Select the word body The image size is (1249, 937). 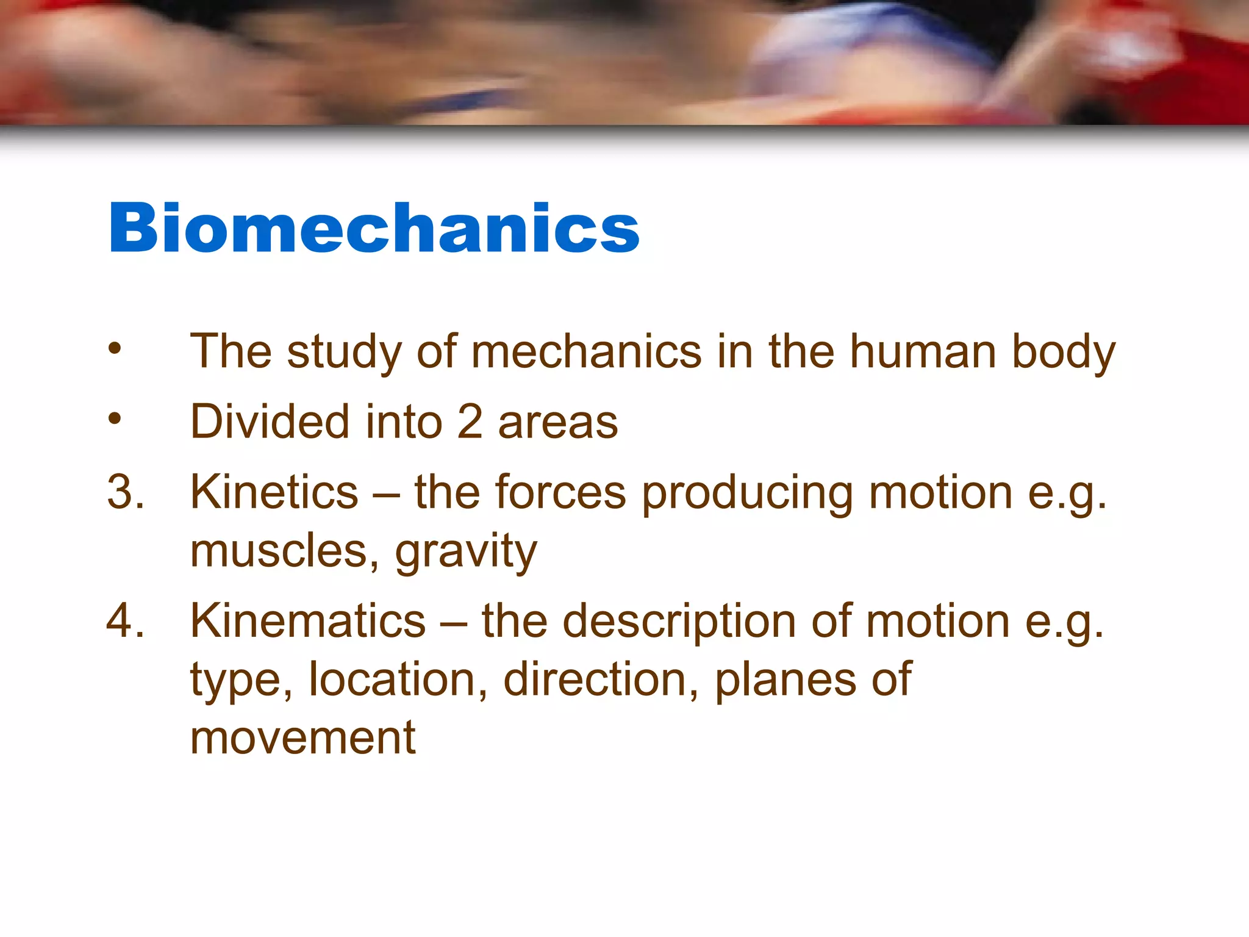pos(1064,353)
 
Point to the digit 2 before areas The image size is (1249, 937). pos(470,422)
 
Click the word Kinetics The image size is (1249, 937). pos(274,492)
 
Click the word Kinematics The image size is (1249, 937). pos(308,621)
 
